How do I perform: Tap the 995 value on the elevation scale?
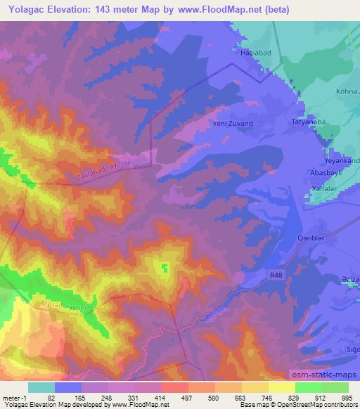(347, 397)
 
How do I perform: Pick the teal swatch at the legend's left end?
(41, 387)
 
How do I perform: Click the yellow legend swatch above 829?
(282, 387)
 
